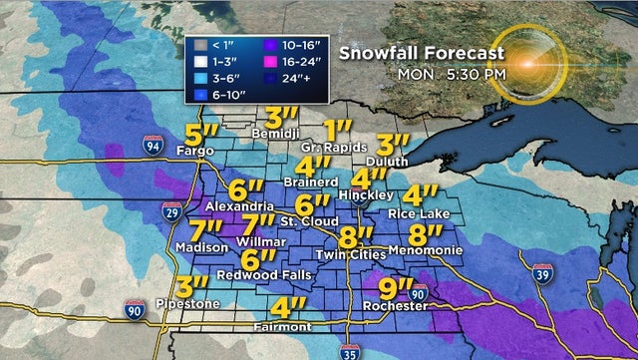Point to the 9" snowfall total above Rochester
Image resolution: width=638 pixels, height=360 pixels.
tap(397, 290)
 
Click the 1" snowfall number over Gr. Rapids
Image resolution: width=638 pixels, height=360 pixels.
tap(340, 130)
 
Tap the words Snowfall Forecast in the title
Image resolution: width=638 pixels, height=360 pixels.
tap(416, 54)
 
